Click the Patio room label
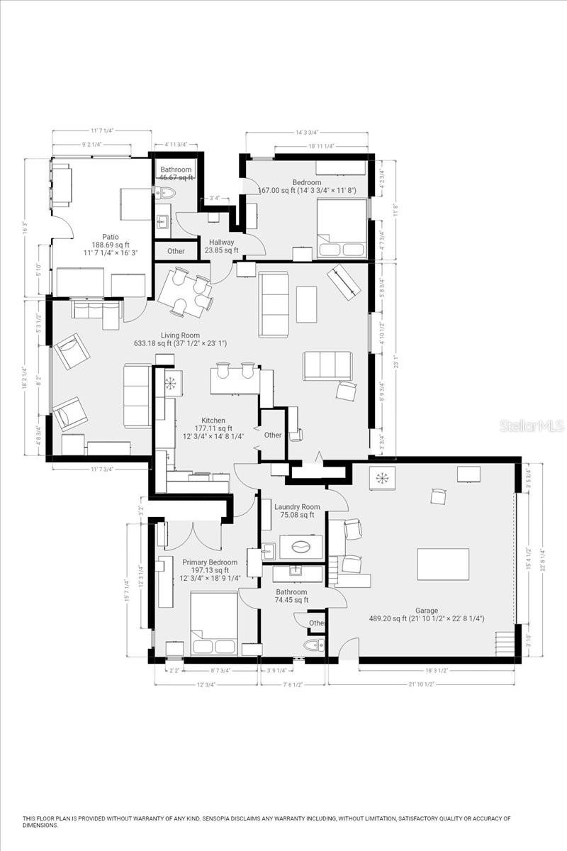click(110, 237)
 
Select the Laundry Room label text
click(297, 507)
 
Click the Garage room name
click(427, 610)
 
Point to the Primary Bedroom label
click(209, 562)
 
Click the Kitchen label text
click(213, 421)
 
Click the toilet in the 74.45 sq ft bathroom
click(313, 645)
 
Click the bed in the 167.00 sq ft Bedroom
click(341, 226)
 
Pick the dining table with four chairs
click(183, 291)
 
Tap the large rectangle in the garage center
click(443, 564)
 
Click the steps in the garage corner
click(503, 643)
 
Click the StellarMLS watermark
click(531, 425)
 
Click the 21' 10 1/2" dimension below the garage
click(421, 684)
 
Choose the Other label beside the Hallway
click(176, 251)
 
